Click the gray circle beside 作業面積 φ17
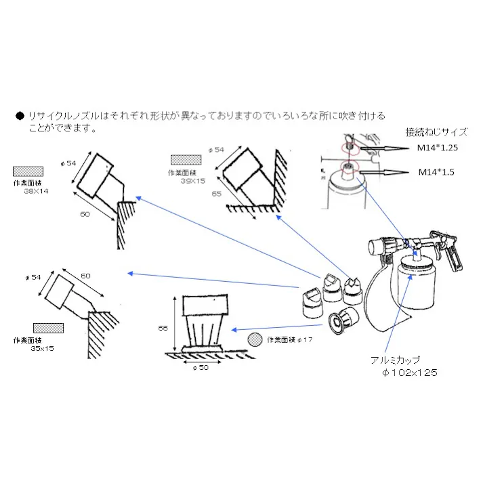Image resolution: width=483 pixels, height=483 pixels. point(255,339)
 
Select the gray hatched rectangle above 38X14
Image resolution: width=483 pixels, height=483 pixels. point(29,171)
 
